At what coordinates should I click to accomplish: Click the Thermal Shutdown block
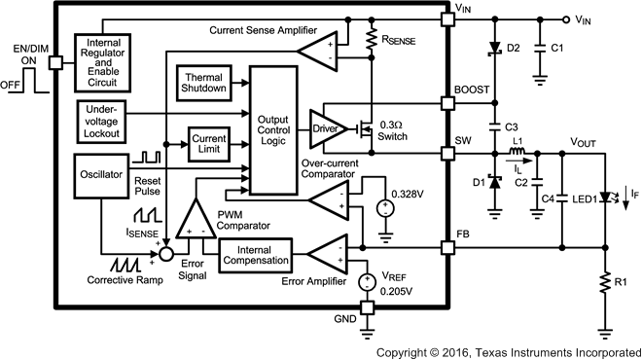[204, 83]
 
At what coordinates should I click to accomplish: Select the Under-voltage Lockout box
[103, 121]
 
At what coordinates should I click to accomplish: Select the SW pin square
[447, 152]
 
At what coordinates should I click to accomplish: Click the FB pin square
[447, 247]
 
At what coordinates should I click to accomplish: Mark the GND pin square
[369, 308]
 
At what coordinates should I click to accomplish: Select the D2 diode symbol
[497, 48]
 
